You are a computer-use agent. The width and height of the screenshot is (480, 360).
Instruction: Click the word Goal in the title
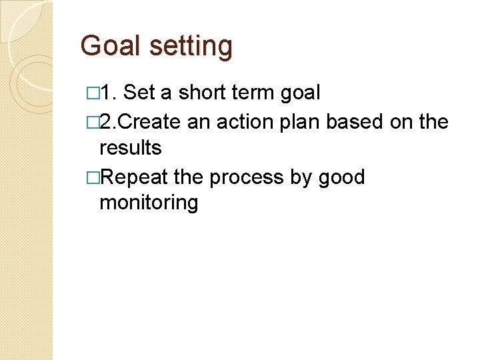pos(111,46)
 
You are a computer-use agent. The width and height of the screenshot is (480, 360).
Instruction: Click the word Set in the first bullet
pos(138,93)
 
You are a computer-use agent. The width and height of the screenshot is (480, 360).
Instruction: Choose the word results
pos(130,147)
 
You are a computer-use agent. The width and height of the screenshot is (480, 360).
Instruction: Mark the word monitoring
pos(149,203)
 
